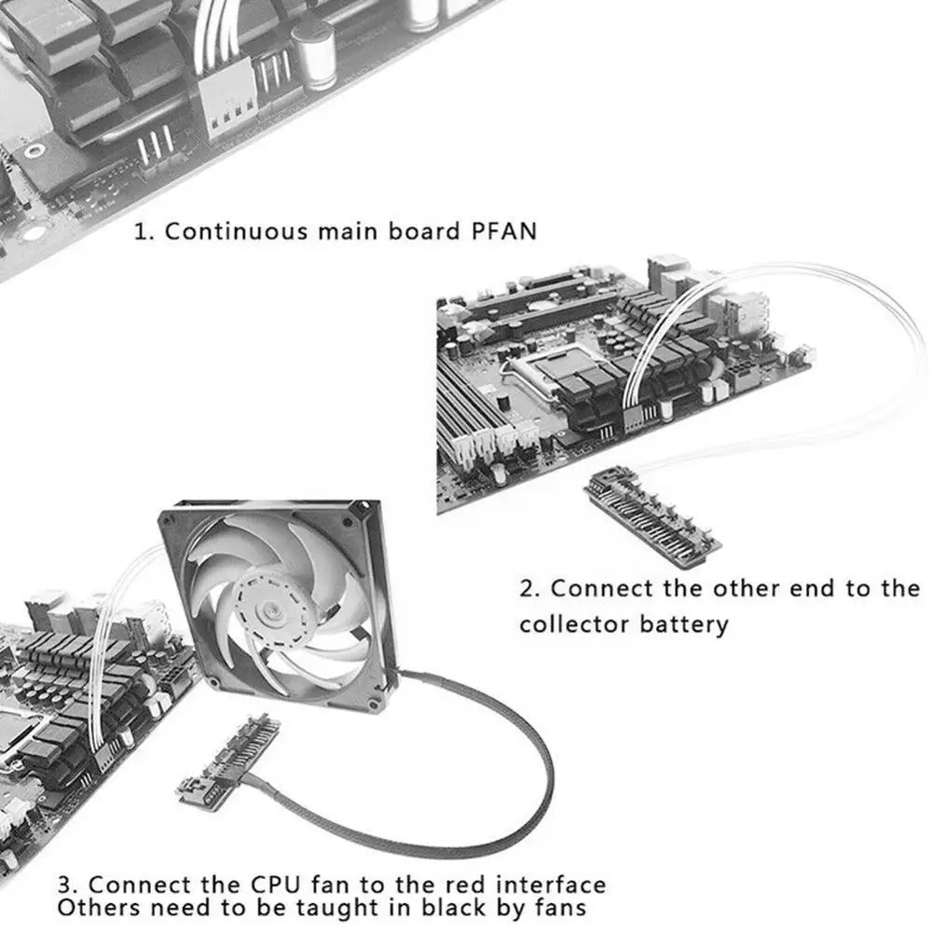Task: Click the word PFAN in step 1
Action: click(x=504, y=230)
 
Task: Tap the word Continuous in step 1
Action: click(x=236, y=230)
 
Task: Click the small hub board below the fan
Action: click(x=229, y=762)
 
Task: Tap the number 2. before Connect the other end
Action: click(x=529, y=588)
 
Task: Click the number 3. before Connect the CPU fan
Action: click(x=68, y=885)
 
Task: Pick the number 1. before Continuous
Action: click(x=144, y=231)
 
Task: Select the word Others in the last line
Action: click(x=100, y=908)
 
